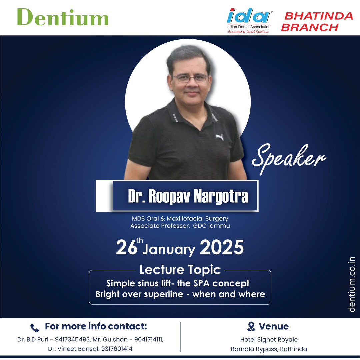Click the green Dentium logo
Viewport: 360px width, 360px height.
[x=63, y=17]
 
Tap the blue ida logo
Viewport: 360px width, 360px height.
[x=249, y=16]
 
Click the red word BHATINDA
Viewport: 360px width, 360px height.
[x=318, y=16]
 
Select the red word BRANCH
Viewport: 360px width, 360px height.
[x=310, y=27]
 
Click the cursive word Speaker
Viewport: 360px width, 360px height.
[x=289, y=159]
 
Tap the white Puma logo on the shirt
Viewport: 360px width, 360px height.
[x=220, y=137]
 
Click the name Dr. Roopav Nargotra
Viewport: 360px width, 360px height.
[x=188, y=196]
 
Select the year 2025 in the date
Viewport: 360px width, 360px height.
[x=222, y=247]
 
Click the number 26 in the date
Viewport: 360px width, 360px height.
[x=127, y=247]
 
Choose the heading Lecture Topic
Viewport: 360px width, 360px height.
[x=180, y=270]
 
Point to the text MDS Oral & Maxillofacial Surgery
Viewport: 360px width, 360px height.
[x=180, y=219]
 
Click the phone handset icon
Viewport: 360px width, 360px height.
[x=35, y=328]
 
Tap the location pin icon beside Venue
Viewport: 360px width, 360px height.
[x=251, y=326]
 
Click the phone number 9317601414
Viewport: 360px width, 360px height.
[x=117, y=349]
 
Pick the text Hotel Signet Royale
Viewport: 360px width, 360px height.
[x=269, y=340]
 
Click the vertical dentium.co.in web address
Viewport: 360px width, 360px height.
[x=352, y=284]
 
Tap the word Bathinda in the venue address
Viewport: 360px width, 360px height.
[x=293, y=349]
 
